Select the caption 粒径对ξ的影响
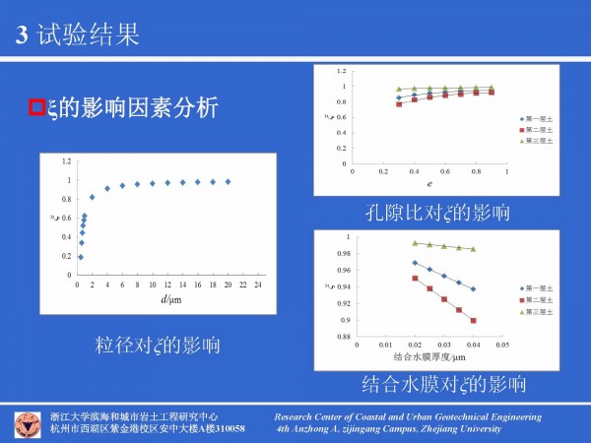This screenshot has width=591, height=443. pos(157,346)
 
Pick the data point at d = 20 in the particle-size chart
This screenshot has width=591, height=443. pos(229,181)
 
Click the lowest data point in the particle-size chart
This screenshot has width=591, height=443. pos(81,257)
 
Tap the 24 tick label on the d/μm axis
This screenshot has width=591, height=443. pos(258,285)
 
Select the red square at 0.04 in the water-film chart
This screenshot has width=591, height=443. pos(474,321)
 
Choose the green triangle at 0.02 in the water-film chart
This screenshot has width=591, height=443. pos(415,242)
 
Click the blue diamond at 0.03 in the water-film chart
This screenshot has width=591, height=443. pos(444,276)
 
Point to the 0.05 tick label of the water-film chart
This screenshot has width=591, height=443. pos(502,345)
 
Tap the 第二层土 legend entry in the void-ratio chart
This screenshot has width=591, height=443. pos(539,130)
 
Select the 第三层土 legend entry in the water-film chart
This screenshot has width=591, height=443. pos(539,311)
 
